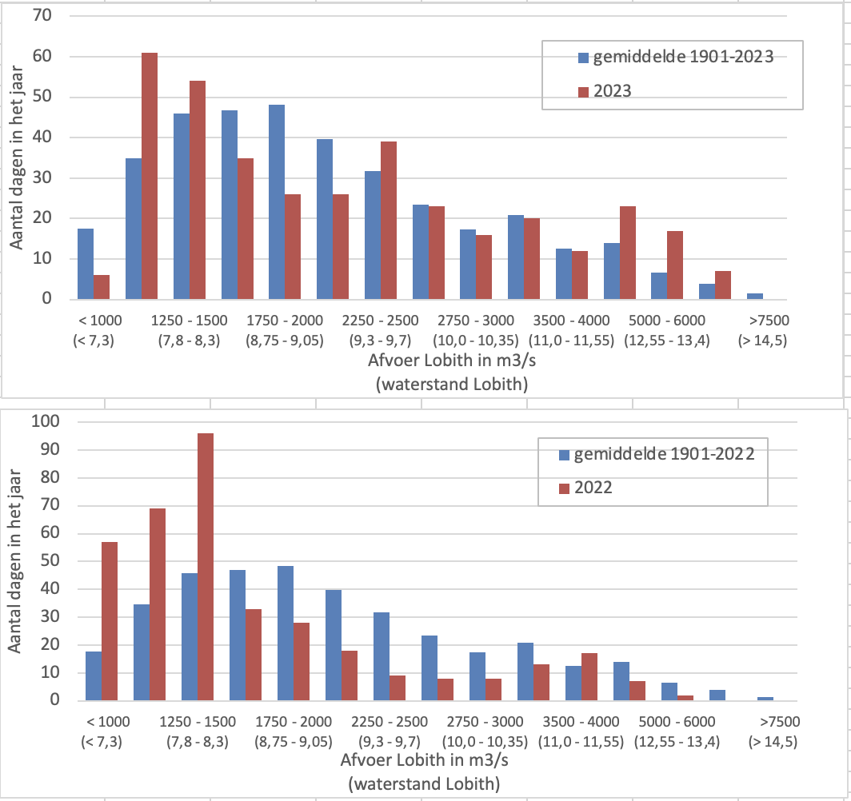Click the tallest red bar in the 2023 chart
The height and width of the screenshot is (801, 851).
click(150, 176)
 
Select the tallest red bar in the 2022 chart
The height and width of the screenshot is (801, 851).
click(206, 567)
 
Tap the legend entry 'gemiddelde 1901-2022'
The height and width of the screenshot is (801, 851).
click(656, 455)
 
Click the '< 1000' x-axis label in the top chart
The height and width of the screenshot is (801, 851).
click(100, 321)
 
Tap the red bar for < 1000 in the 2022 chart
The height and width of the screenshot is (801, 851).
click(110, 621)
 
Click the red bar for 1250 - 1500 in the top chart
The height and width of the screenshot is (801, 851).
click(197, 189)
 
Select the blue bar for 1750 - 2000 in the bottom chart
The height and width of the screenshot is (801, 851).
click(286, 633)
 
